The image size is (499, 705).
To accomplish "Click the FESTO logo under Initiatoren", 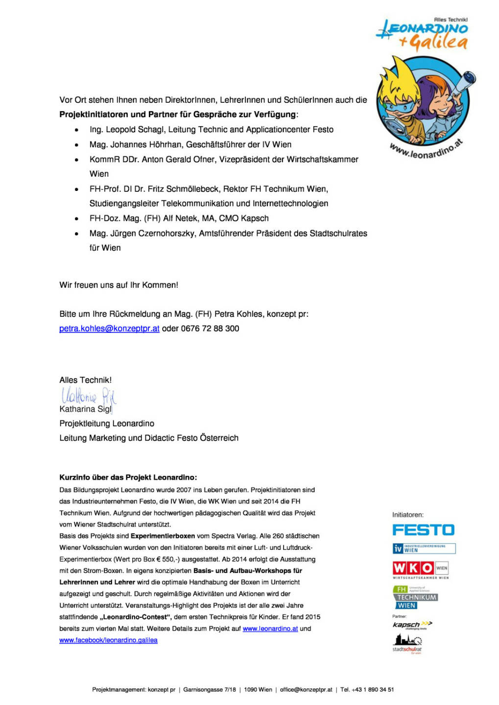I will pyautogui.click(x=423, y=530).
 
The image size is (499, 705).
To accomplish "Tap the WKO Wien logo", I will pyautogui.click(x=420, y=568).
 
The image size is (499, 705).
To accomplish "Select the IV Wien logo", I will pyautogui.click(x=424, y=548).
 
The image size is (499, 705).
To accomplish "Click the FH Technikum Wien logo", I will pyautogui.click(x=415, y=597).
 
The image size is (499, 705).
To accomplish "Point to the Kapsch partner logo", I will pyautogui.click(x=412, y=625).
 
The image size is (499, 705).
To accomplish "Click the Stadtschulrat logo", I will pyautogui.click(x=407, y=643).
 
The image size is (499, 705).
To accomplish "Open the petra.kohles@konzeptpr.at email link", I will pyautogui.click(x=109, y=329).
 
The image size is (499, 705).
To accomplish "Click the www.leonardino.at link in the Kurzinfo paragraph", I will pyautogui.click(x=270, y=629).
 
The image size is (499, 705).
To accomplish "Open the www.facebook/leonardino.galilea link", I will pyautogui.click(x=108, y=640).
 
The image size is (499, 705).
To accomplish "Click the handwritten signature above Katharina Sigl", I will pyautogui.click(x=88, y=395).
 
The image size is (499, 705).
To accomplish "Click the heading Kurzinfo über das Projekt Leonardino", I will pyautogui.click(x=128, y=477).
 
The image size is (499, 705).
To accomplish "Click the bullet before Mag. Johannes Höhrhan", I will pyautogui.click(x=76, y=145).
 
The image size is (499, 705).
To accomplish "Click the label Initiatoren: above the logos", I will pyautogui.click(x=408, y=515).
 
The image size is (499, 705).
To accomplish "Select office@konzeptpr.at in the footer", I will pyautogui.click(x=306, y=690).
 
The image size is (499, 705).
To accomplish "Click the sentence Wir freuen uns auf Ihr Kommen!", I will pyautogui.click(x=119, y=285).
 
